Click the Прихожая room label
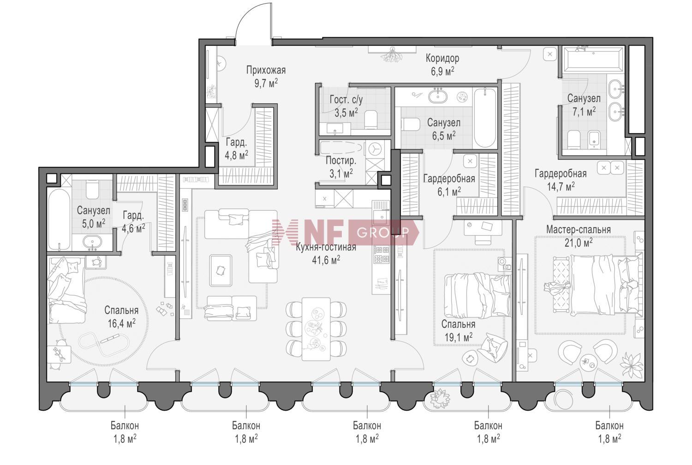click(266, 71)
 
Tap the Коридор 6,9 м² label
click(442, 65)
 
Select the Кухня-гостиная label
click(326, 247)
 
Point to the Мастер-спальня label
click(579, 230)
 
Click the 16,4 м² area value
click(121, 323)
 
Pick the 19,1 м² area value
click(458, 337)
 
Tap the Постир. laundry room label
click(341, 161)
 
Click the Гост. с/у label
click(346, 100)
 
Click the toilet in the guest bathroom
click(371, 119)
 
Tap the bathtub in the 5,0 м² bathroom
click(59, 220)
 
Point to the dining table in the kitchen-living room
click(316, 329)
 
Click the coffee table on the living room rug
click(220, 270)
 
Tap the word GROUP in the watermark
click(383, 232)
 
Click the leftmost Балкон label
click(125, 425)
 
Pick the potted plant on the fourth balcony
click(439, 399)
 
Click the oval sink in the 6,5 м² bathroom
click(437, 96)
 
